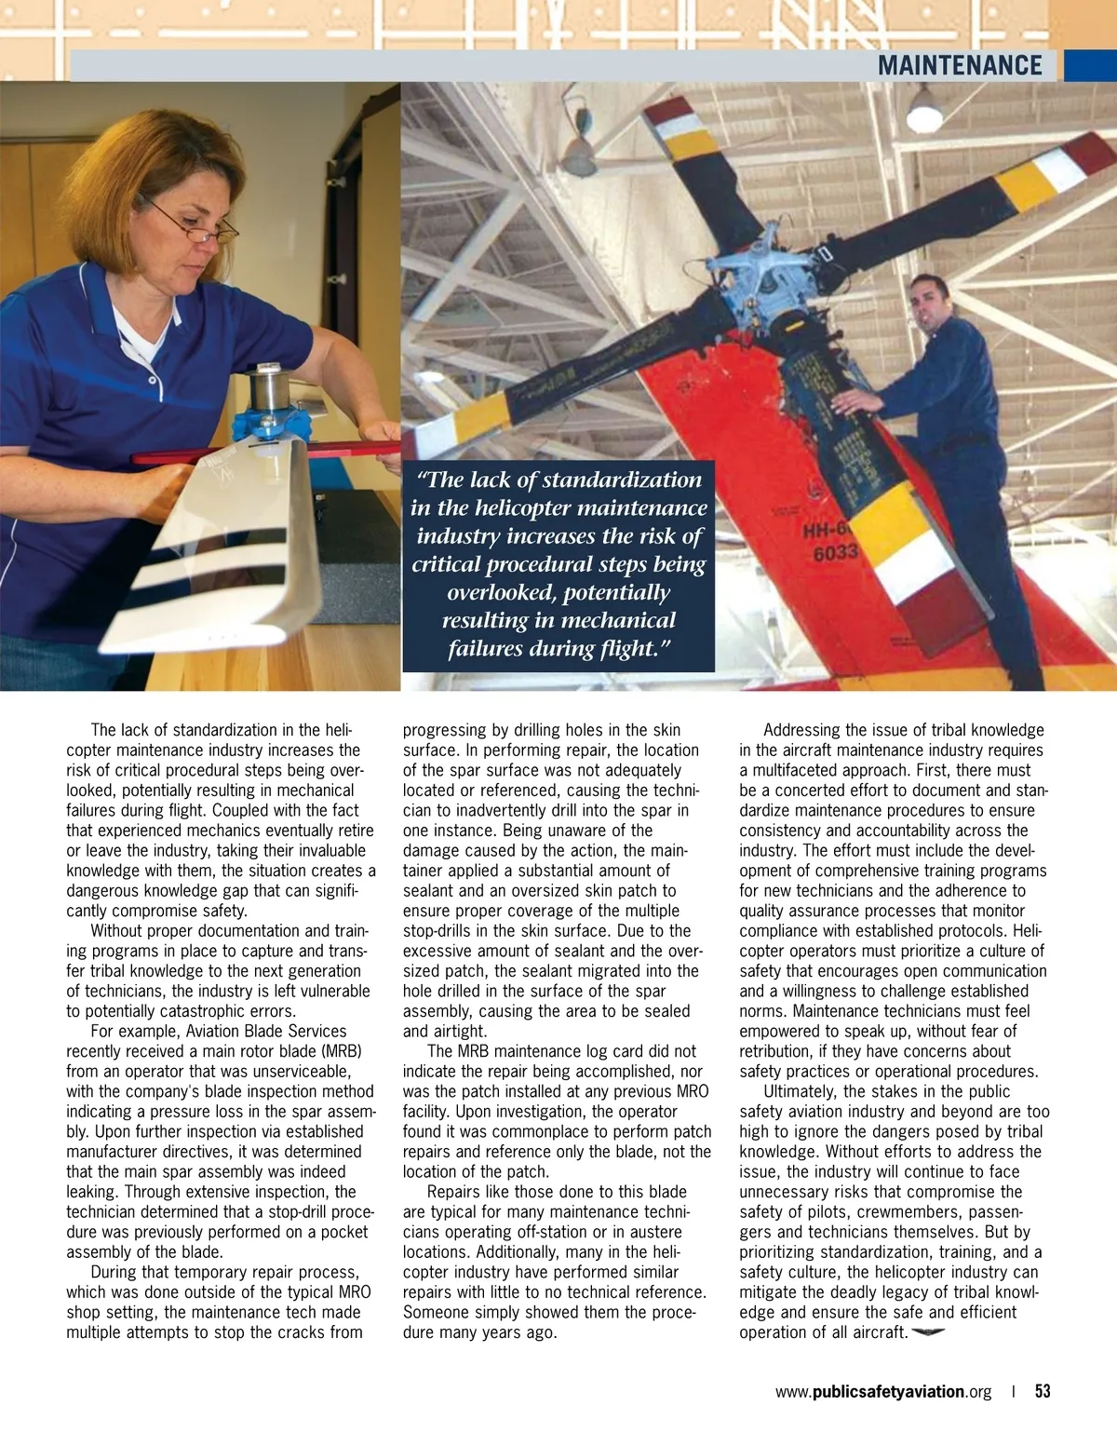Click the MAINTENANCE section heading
(x=959, y=65)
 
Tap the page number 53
(x=1043, y=1391)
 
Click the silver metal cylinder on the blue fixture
(x=269, y=392)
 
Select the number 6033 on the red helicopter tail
(x=835, y=553)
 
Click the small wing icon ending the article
(x=928, y=1332)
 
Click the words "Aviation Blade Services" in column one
(x=266, y=1031)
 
